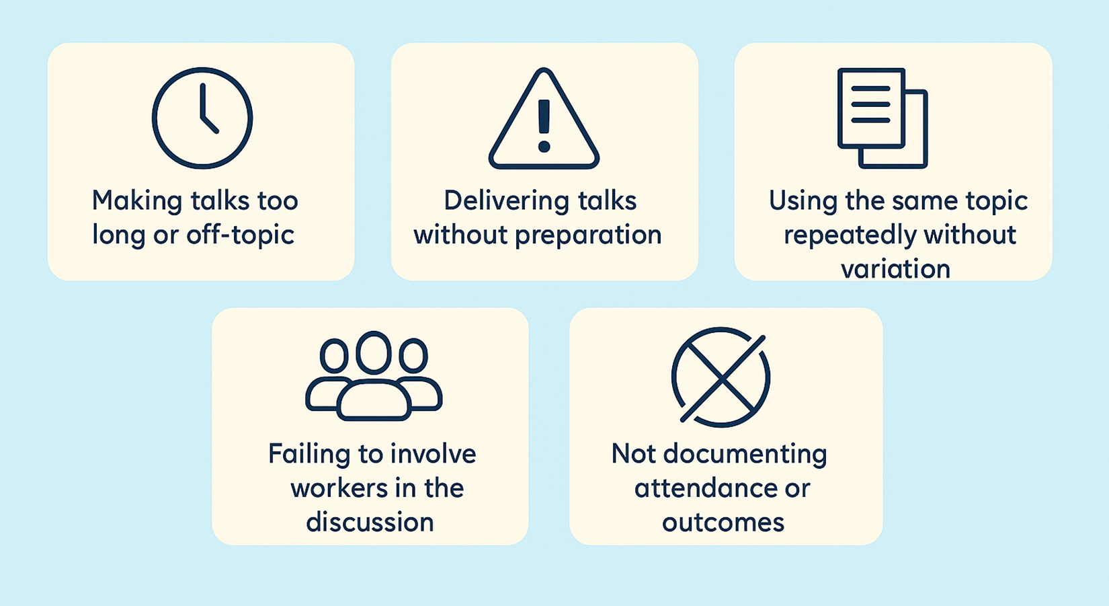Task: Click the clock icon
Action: pos(202,118)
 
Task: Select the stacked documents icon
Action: pos(882,118)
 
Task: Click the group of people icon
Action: pos(374,377)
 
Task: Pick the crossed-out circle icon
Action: pos(721,377)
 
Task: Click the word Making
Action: pos(137,201)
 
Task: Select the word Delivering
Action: pos(496,201)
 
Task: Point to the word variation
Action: pos(895,269)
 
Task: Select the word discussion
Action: pos(370,522)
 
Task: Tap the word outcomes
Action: pos(723,522)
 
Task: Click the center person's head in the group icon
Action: pos(374,352)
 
